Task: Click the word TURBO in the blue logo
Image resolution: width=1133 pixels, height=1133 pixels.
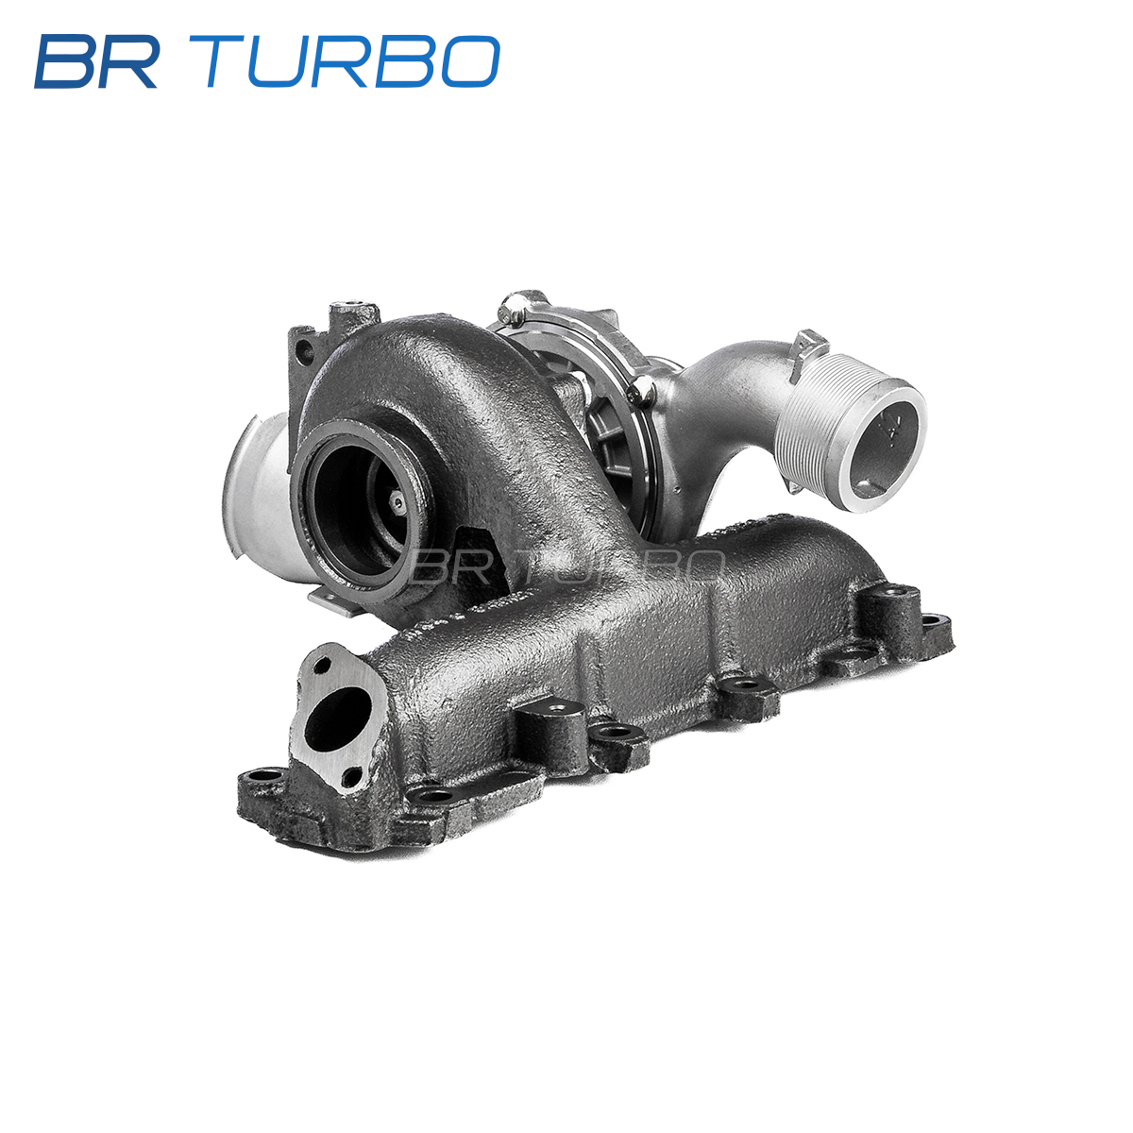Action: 353,61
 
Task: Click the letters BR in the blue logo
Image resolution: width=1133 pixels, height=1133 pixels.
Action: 96,61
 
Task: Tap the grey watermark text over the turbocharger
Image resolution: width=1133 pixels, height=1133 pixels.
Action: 566,566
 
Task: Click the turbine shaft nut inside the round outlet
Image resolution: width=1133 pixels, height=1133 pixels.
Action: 398,501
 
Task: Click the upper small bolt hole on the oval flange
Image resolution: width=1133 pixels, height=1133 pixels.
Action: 322,666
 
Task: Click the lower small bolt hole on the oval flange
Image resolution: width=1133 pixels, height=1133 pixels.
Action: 351,778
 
